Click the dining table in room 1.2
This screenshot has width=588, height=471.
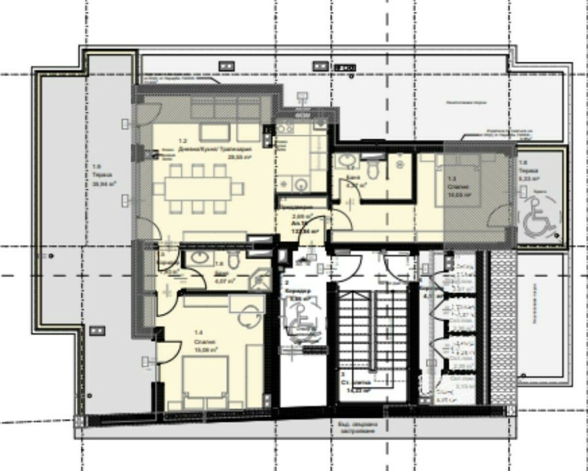(x=198, y=189)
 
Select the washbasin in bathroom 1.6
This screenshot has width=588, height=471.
(x=199, y=258)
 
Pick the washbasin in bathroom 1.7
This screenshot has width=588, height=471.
(x=347, y=162)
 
